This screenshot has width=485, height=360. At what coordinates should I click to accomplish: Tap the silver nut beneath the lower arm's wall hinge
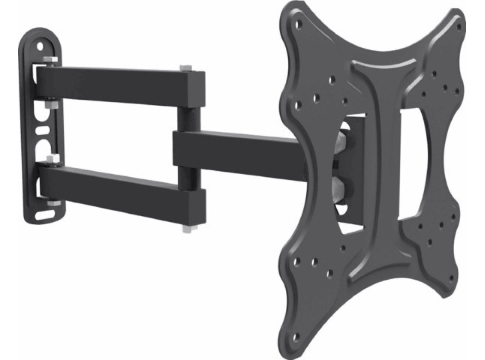click(52, 202)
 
